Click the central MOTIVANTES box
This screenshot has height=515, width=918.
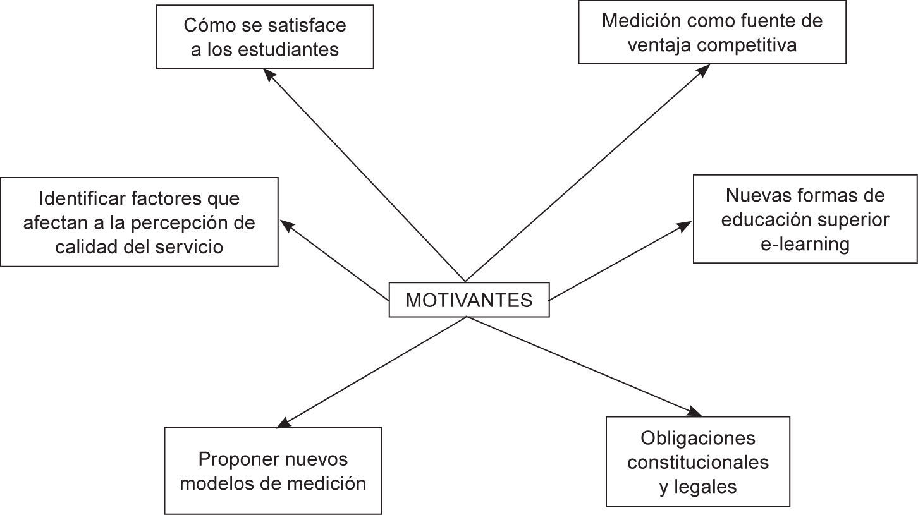[468, 300]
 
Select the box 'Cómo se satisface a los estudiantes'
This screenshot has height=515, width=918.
[264, 37]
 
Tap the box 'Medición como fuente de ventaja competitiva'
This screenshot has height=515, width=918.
[712, 33]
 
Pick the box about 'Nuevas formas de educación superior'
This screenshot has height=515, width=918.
[805, 219]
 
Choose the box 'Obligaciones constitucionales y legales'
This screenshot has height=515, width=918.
[697, 461]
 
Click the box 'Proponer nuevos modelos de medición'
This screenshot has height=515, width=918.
[272, 470]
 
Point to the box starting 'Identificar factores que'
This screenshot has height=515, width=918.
[139, 222]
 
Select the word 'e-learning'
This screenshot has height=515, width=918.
[805, 244]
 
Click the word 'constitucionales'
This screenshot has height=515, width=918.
[698, 462]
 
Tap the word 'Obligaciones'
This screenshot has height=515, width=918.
[697, 437]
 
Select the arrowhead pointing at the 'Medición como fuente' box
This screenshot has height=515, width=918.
[702, 70]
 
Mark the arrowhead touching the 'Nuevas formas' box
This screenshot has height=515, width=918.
[686, 225]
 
